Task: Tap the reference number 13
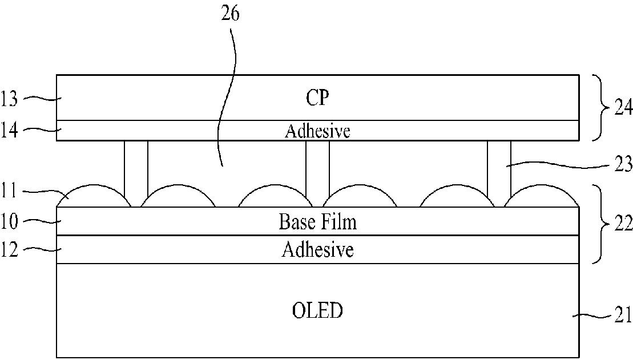pyautogui.click(x=10, y=99)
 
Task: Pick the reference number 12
pyautogui.click(x=10, y=249)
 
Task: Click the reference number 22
pyautogui.click(x=623, y=223)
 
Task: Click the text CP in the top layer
pyautogui.click(x=317, y=98)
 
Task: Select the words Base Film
pyautogui.click(x=317, y=221)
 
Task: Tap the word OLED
pyautogui.click(x=317, y=312)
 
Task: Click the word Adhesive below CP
pyautogui.click(x=317, y=131)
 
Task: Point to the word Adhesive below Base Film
pyautogui.click(x=317, y=250)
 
